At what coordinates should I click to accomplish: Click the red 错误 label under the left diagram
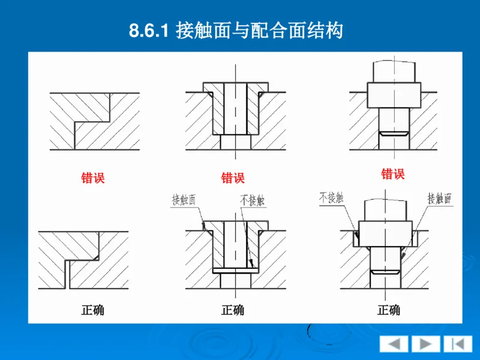point(93,178)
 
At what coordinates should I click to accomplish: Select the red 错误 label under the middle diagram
point(233,178)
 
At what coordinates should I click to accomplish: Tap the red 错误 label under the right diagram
point(392,175)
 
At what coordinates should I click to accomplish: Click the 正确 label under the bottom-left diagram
point(93,310)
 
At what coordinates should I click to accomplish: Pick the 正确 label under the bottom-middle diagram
point(233,310)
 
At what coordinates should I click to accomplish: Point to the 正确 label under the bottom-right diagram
point(388,310)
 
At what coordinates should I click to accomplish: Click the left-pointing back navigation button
point(394,344)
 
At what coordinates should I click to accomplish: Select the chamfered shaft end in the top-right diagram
point(394,133)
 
